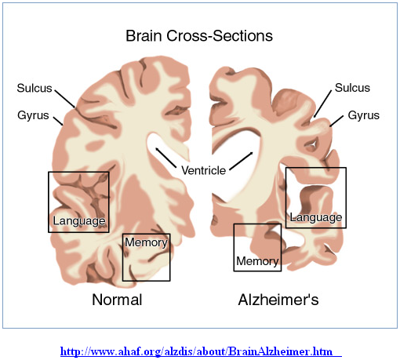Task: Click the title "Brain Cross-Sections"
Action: (x=199, y=36)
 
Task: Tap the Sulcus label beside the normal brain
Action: (x=35, y=88)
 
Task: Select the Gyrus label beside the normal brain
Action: (x=33, y=115)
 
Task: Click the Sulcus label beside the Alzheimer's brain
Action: (x=352, y=88)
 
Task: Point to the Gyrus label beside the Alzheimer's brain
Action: (x=364, y=115)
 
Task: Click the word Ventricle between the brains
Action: (x=203, y=170)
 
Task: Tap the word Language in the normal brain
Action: (x=79, y=221)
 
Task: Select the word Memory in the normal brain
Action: (x=146, y=242)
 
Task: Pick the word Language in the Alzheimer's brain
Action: (x=316, y=217)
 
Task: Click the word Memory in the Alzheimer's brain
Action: (x=257, y=261)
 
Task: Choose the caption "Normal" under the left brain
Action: (x=117, y=300)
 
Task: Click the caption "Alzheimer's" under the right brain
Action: (x=278, y=300)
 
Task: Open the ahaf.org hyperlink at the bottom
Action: (x=201, y=351)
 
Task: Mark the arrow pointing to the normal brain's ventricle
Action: (x=165, y=158)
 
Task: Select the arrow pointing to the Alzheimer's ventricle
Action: (x=242, y=162)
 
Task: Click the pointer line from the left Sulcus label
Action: (x=65, y=98)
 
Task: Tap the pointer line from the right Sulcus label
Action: (x=322, y=104)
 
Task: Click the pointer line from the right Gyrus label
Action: (x=336, y=121)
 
